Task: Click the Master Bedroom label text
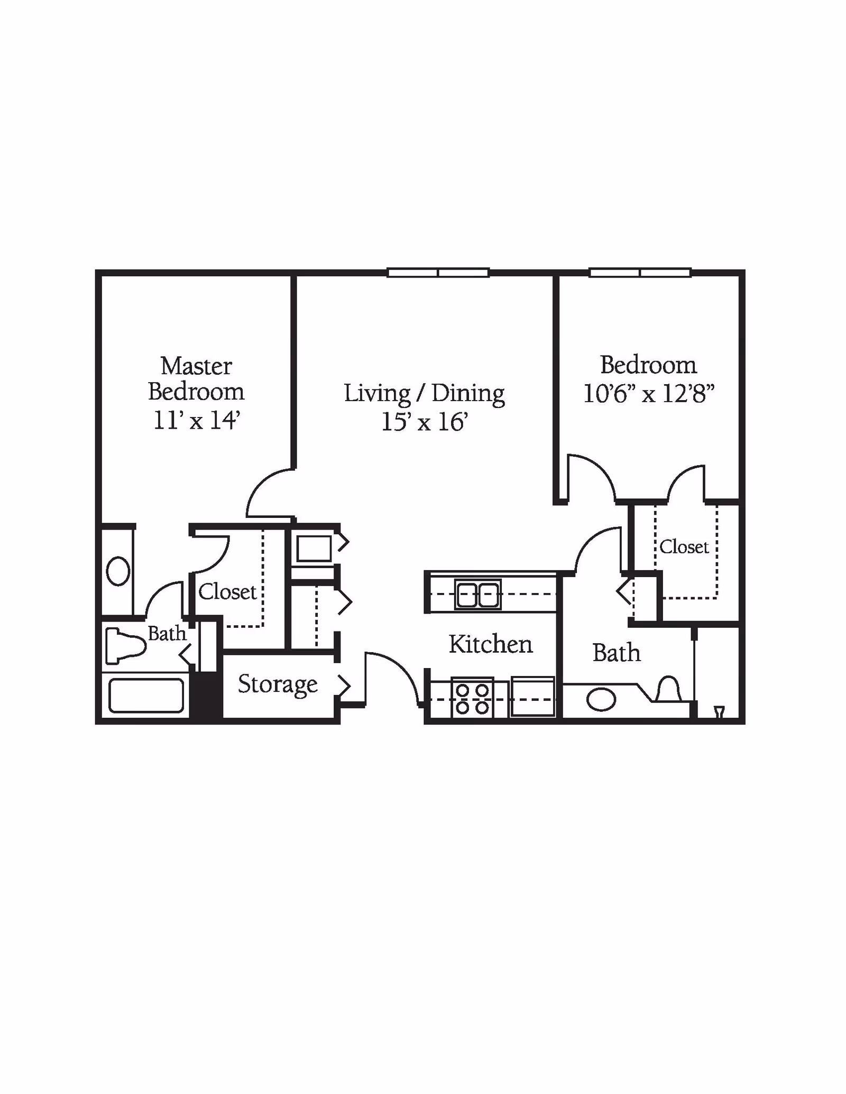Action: pyautogui.click(x=196, y=379)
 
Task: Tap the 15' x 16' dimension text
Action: pyautogui.click(x=425, y=422)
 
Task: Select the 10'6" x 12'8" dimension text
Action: pyautogui.click(x=648, y=394)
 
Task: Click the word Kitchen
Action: pyautogui.click(x=490, y=645)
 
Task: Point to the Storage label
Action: pyautogui.click(x=278, y=684)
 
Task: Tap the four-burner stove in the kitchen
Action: pyautogui.click(x=472, y=698)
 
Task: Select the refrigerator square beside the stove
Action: pyautogui.click(x=532, y=697)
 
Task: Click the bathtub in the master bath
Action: pyautogui.click(x=146, y=696)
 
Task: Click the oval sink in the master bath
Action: pyautogui.click(x=118, y=571)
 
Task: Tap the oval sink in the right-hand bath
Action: pyautogui.click(x=601, y=700)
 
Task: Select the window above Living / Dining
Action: pyautogui.click(x=438, y=273)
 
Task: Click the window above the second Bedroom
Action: pyautogui.click(x=640, y=273)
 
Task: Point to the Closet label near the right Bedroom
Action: pyautogui.click(x=684, y=547)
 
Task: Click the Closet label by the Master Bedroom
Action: pyautogui.click(x=227, y=592)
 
